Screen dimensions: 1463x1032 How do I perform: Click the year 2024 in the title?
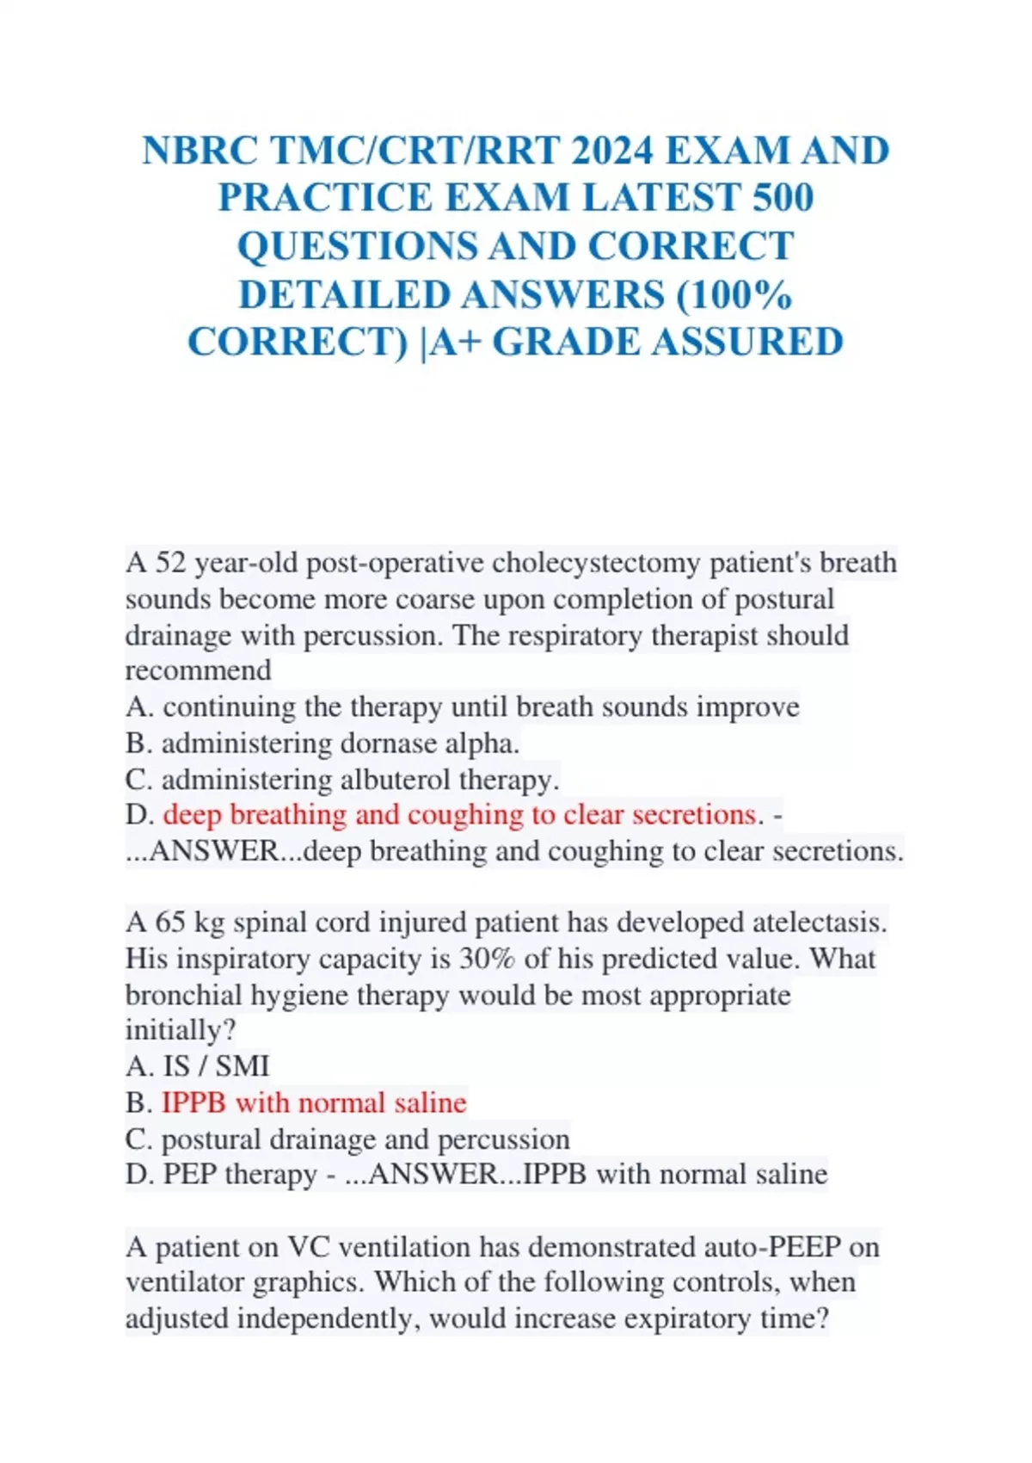click(611, 151)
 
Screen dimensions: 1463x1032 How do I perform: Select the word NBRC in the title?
click(200, 151)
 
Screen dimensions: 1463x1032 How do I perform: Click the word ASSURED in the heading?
click(746, 342)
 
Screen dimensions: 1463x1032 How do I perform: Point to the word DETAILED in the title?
click(344, 294)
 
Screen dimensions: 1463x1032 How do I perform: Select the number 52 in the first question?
click(171, 563)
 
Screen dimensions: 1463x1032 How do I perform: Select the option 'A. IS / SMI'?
click(197, 1066)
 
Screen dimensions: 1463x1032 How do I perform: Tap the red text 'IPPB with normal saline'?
click(314, 1102)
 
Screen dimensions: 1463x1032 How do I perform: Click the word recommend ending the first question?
click(198, 670)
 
